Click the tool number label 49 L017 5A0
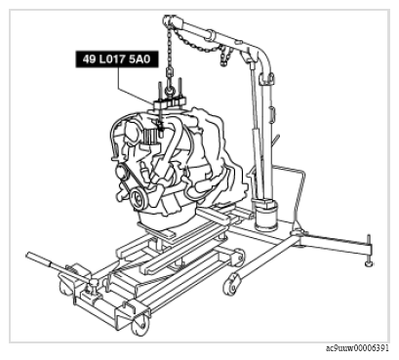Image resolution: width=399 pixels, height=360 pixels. [x=117, y=60]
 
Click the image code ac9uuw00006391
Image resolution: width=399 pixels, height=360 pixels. [x=357, y=348]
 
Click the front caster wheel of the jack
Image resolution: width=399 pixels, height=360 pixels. [x=140, y=326]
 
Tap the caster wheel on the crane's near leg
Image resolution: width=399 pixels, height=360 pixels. [x=230, y=284]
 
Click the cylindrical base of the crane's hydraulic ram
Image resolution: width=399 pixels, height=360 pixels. [x=266, y=216]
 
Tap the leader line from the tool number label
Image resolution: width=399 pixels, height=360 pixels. [x=136, y=86]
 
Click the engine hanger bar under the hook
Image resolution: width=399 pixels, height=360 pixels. [x=169, y=101]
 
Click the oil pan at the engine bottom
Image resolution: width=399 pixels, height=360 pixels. [x=166, y=218]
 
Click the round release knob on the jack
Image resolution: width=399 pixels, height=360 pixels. [x=93, y=282]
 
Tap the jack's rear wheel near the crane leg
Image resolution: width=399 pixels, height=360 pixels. [x=239, y=257]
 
